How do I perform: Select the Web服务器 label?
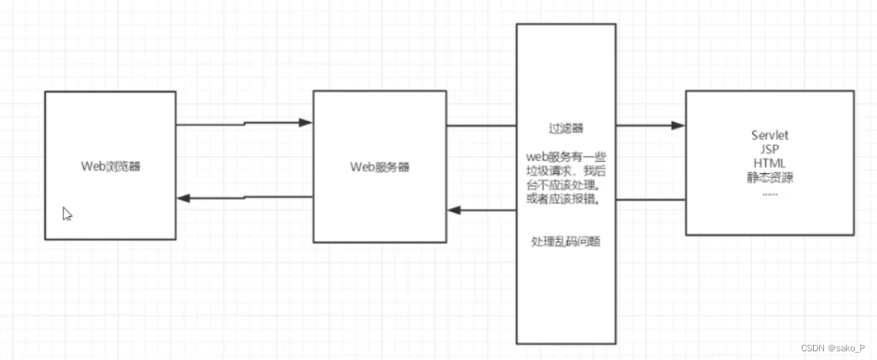[380, 167]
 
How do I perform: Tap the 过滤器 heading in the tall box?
[565, 127]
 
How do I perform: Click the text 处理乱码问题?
[566, 241]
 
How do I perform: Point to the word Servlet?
[769, 135]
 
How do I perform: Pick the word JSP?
[769, 150]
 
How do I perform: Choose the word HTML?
[769, 164]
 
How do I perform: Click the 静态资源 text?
[769, 178]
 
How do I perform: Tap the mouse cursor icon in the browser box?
[67, 214]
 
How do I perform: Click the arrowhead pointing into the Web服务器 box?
[307, 123]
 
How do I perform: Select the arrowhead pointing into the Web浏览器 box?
[183, 198]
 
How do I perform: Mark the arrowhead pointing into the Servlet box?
[679, 125]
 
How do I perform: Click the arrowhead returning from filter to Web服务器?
[453, 210]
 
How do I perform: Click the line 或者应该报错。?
[566, 199]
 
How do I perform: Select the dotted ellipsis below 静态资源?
[769, 192]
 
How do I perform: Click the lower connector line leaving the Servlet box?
[650, 199]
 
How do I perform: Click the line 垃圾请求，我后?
[566, 170]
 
